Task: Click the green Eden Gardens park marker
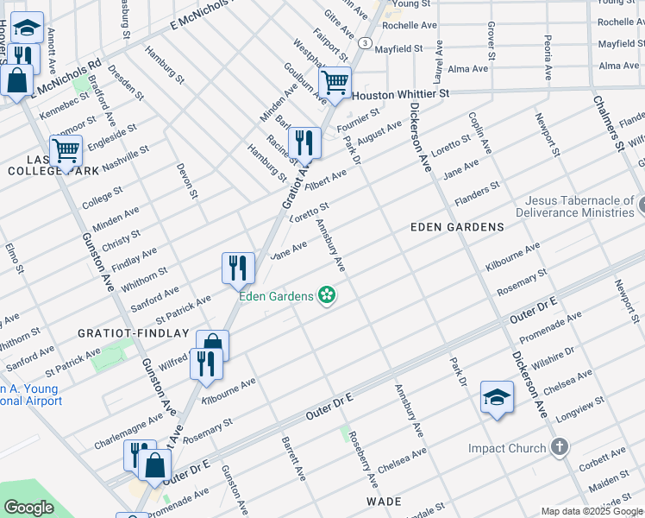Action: click(327, 296)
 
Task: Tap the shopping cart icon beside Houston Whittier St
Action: click(335, 83)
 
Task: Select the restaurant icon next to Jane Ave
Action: click(238, 268)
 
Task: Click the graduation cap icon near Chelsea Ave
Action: click(497, 396)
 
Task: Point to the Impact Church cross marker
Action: click(560, 447)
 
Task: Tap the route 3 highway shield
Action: click(366, 42)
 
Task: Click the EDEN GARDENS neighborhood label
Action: click(457, 227)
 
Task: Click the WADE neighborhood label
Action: click(384, 501)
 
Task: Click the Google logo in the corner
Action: click(28, 508)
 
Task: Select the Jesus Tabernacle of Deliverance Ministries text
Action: click(573, 206)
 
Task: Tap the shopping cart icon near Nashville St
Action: click(66, 150)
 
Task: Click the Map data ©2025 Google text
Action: click(592, 511)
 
